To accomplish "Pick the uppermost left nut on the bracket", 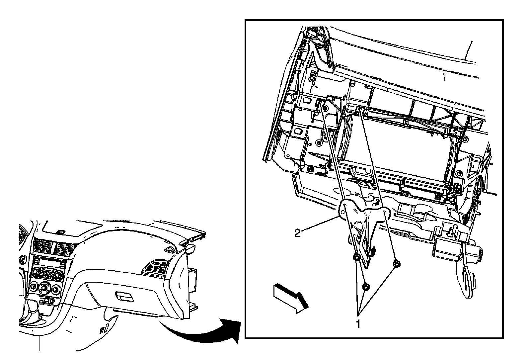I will [x=356, y=257].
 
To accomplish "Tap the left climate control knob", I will [x=34, y=286].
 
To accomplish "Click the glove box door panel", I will [x=133, y=296].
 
